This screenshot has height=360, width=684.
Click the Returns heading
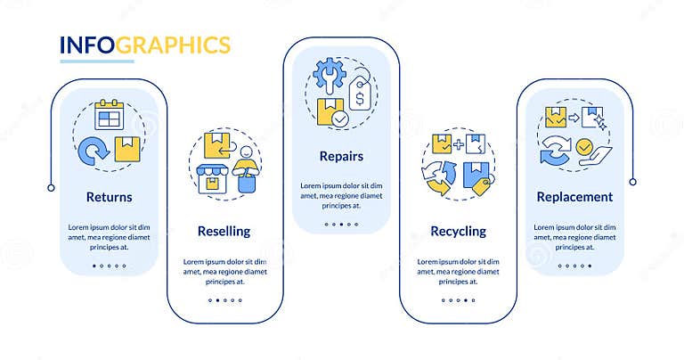click(x=110, y=197)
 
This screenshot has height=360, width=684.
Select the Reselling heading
click(x=224, y=231)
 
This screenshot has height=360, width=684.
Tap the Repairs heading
click(x=341, y=156)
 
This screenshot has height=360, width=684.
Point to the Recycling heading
click(x=458, y=231)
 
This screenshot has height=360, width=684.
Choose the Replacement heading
click(x=574, y=197)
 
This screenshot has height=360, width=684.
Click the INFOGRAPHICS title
click(x=145, y=45)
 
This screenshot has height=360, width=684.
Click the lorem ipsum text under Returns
click(x=110, y=236)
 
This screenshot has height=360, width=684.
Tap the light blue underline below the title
click(x=96, y=61)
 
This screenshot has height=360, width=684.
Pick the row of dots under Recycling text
click(x=458, y=299)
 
